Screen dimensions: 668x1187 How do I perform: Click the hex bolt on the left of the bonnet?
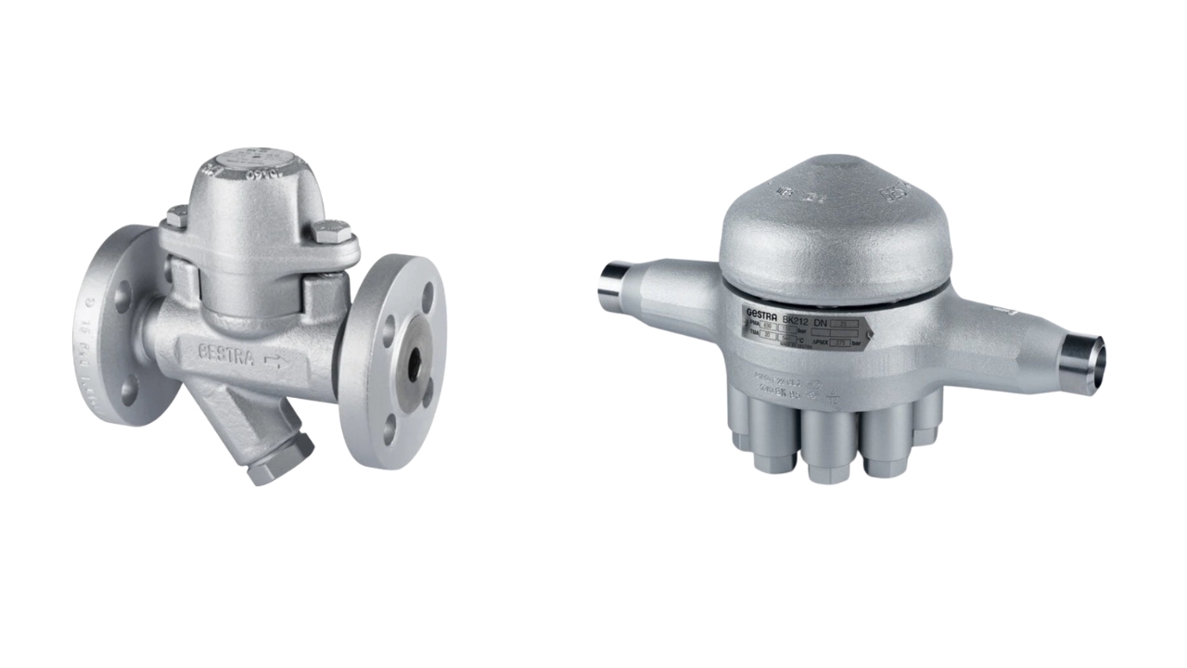click(x=177, y=216)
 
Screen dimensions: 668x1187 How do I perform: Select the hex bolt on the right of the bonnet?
click(x=330, y=231)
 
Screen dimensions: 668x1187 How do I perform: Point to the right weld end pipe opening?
click(x=1083, y=353)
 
